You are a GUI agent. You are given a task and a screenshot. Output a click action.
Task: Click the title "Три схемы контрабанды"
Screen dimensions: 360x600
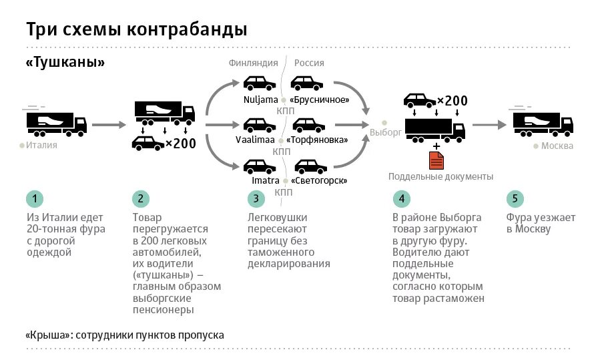[137, 30]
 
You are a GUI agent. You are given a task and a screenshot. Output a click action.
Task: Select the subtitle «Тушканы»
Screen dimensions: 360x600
[65, 63]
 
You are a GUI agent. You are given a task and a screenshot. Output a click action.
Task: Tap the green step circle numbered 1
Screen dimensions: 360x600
[35, 198]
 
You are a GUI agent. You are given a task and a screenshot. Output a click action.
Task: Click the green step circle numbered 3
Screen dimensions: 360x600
[256, 198]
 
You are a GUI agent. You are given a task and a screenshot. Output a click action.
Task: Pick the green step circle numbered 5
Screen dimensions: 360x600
[514, 198]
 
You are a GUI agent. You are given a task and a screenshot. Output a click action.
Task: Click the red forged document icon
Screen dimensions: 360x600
[436, 160]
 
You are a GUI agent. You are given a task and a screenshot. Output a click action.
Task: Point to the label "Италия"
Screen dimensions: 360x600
[42, 145]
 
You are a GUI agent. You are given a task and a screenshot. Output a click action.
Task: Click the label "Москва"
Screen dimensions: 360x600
[557, 146]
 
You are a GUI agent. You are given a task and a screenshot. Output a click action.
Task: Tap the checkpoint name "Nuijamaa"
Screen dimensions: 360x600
[260, 100]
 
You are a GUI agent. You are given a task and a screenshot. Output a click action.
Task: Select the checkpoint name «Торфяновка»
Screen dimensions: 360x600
[317, 140]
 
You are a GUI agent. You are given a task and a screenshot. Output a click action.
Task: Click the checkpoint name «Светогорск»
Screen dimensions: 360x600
[318, 181]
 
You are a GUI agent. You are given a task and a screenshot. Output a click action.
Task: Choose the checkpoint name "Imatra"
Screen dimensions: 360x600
[265, 181]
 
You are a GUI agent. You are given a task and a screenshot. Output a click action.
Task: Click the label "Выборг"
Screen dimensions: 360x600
[385, 132]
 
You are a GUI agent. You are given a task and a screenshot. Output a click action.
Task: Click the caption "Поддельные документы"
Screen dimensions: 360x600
[441, 177]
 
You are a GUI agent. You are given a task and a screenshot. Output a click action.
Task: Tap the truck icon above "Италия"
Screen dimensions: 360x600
[56, 124]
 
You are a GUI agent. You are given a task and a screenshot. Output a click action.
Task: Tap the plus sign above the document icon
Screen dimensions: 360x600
[436, 146]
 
